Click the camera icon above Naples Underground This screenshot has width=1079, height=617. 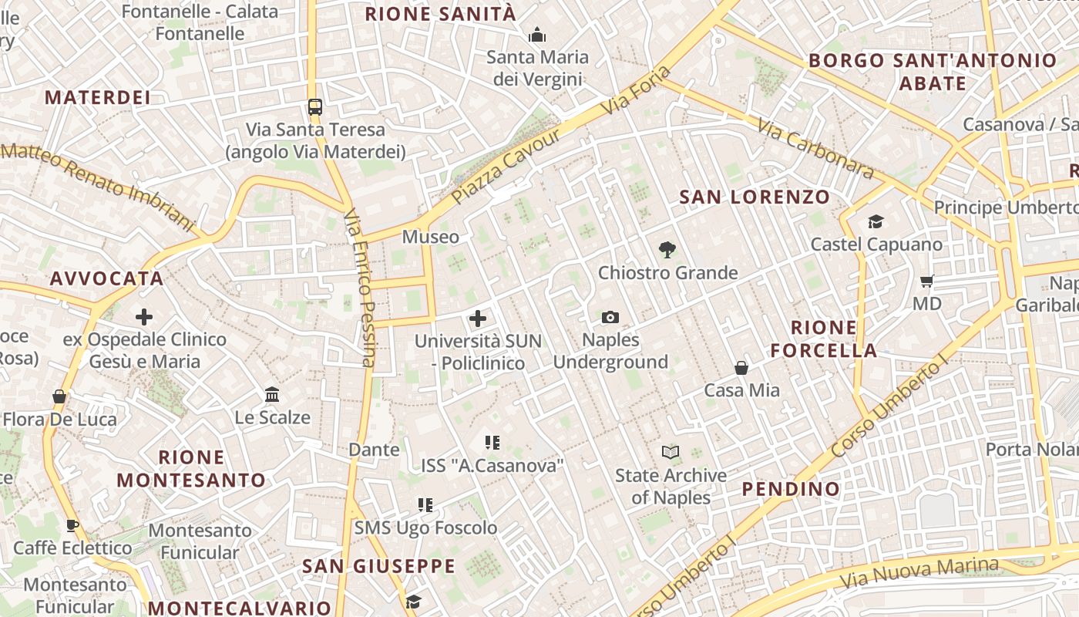[610, 317]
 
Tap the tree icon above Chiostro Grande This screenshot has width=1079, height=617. [667, 249]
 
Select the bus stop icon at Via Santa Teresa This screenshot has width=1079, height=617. [314, 107]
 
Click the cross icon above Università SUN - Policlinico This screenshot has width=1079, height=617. [478, 318]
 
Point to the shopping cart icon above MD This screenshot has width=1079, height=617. [927, 281]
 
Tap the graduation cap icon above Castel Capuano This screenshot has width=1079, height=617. [876, 222]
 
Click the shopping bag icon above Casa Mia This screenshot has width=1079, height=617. [741, 368]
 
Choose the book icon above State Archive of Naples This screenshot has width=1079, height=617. [671, 453]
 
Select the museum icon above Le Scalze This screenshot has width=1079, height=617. [272, 395]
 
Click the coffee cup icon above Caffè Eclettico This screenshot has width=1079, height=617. [72, 526]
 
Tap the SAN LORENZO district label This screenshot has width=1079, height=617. [754, 197]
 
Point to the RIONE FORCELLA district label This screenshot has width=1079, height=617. [824, 339]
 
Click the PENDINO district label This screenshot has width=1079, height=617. [791, 489]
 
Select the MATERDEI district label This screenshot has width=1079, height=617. [98, 97]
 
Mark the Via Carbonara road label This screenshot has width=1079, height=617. [815, 148]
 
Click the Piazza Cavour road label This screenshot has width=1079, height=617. [506, 166]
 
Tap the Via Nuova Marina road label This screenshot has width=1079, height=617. [919, 571]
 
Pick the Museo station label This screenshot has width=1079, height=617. [430, 237]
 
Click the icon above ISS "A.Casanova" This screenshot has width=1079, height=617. [492, 443]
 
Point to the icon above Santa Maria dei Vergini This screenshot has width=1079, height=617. [537, 35]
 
